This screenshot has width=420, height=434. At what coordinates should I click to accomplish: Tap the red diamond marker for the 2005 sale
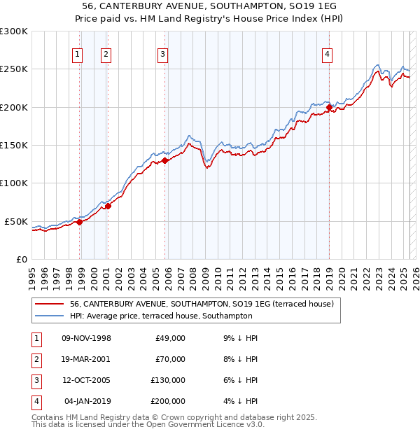click(x=164, y=160)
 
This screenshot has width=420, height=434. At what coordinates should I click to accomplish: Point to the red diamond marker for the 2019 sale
click(x=329, y=108)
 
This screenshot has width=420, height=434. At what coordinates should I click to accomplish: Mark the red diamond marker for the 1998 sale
click(x=79, y=222)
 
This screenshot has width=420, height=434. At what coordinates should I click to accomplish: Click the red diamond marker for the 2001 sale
click(x=108, y=206)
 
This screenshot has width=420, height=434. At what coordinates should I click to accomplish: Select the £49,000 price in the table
click(x=170, y=338)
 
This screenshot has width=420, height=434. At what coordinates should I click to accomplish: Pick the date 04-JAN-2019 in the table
click(x=87, y=401)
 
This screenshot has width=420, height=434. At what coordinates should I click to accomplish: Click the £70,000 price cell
click(x=170, y=359)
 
